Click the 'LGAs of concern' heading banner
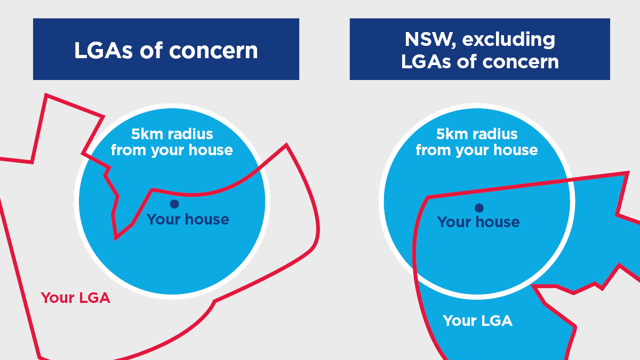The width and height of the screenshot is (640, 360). coord(166,50)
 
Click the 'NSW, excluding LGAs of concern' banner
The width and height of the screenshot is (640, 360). coord(479,50)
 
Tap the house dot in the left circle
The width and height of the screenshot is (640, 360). coord(174,204)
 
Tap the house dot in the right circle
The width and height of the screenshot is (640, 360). coord(479,207)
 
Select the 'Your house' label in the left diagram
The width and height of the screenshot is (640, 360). coord(188,219)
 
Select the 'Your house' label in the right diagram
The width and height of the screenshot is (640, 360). coord(478,222)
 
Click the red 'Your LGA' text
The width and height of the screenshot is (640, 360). coord(76,298)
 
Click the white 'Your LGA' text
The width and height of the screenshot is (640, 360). coord(477,321)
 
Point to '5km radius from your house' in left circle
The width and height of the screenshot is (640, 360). coord(172,142)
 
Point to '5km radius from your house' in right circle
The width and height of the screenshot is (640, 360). coord(477,142)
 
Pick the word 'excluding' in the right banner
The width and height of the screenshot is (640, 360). coord(504,39)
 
